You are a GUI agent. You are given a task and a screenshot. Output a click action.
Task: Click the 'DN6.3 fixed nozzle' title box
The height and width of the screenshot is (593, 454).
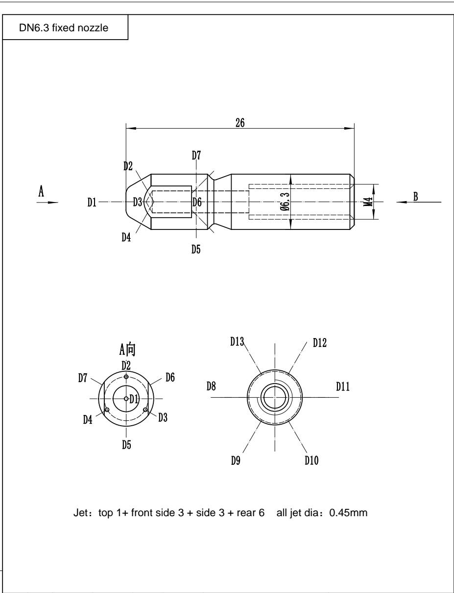coord(64,27)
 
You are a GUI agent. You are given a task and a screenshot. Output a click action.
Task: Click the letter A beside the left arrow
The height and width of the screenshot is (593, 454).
coord(42,192)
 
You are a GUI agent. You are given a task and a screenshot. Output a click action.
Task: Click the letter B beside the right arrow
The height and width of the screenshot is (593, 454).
coord(415,196)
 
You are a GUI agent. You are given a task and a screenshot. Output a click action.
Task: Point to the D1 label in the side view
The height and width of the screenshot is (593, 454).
coord(92,202)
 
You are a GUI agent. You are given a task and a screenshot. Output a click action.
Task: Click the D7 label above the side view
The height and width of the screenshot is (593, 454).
coord(196,156)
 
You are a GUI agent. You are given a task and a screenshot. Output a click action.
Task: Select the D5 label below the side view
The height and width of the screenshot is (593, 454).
coord(196,249)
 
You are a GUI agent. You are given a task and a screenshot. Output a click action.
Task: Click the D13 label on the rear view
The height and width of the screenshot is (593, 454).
coord(238,342)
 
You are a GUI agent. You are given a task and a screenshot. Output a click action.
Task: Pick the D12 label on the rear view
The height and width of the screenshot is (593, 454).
coord(319,342)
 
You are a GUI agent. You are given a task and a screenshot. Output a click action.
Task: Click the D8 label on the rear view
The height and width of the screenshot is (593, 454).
coord(211,387)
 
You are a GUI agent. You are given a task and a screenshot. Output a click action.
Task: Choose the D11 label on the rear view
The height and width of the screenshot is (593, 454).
coord(342,387)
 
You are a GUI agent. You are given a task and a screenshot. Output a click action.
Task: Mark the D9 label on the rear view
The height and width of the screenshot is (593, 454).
coord(236,461)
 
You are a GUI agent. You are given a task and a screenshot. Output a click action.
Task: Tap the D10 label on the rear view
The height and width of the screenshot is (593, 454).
coord(311,460)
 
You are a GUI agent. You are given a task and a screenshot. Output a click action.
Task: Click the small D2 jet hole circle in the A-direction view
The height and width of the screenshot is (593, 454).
coord(126,377)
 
